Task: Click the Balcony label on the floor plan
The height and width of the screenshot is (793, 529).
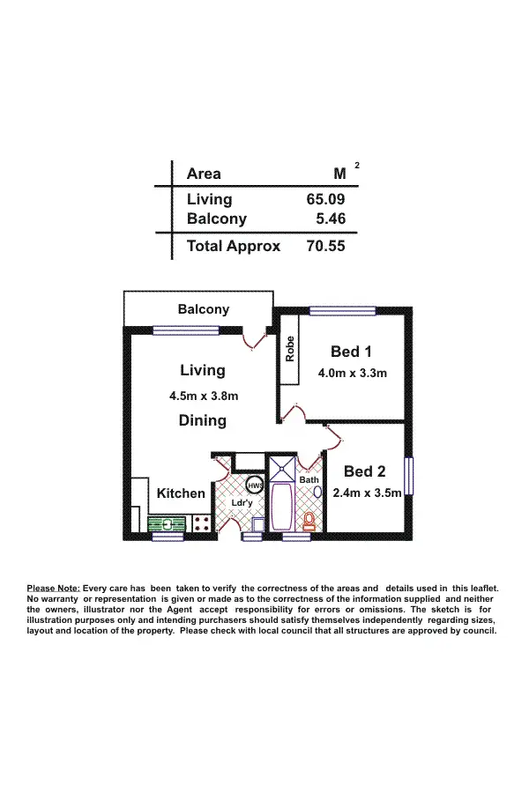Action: (x=203, y=309)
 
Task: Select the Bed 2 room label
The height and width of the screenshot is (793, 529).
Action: (x=365, y=471)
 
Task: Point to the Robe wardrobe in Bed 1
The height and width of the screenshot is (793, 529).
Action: (x=289, y=350)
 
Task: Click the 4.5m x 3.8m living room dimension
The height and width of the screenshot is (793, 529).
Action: (x=204, y=396)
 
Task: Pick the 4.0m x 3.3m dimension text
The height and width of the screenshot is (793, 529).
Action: (x=352, y=373)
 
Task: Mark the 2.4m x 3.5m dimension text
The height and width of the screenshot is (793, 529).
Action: (x=367, y=493)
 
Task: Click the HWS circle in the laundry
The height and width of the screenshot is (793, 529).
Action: (x=255, y=485)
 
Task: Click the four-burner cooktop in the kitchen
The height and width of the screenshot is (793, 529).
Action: (x=200, y=523)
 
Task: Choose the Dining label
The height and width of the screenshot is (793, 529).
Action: (x=203, y=420)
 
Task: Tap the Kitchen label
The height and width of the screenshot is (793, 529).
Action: (x=181, y=493)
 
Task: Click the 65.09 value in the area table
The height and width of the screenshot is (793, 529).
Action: (x=325, y=200)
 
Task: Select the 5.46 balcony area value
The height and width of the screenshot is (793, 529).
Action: (x=331, y=219)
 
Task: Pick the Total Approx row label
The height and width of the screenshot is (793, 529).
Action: (x=234, y=247)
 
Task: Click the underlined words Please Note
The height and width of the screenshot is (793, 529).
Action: (x=54, y=589)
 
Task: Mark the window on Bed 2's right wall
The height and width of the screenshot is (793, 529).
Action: (x=408, y=480)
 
